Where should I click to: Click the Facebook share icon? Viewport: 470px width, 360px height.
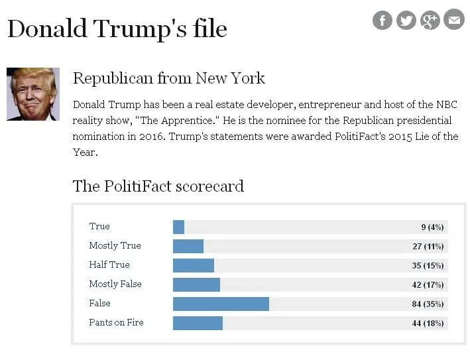(x=382, y=21)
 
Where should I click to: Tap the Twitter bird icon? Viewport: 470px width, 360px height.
(x=406, y=21)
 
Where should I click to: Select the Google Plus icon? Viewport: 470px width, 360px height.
(x=430, y=21)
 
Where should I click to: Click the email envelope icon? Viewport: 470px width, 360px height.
(x=454, y=21)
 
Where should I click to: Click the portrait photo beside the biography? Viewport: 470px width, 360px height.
(x=33, y=94)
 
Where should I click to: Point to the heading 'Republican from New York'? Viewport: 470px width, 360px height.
(x=168, y=78)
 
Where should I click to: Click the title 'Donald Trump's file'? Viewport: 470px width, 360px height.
(x=117, y=29)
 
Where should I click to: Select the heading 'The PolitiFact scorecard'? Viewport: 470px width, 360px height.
(x=158, y=186)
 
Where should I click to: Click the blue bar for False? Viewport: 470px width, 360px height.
(x=221, y=304)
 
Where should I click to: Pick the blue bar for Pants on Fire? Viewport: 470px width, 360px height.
(x=198, y=323)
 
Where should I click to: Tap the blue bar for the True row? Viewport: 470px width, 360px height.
(x=178, y=227)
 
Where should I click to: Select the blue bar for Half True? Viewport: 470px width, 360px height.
(x=193, y=265)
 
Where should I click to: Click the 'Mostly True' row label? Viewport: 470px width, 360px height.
(x=115, y=246)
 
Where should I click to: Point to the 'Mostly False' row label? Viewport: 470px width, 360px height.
(x=115, y=284)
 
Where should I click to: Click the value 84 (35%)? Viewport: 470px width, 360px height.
(x=428, y=304)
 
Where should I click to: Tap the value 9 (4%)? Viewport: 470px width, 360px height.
(x=432, y=227)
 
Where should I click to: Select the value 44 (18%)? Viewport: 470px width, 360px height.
(x=428, y=324)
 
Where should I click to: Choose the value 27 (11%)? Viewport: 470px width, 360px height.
(x=428, y=247)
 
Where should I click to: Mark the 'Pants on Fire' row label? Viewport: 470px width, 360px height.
(x=116, y=323)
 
